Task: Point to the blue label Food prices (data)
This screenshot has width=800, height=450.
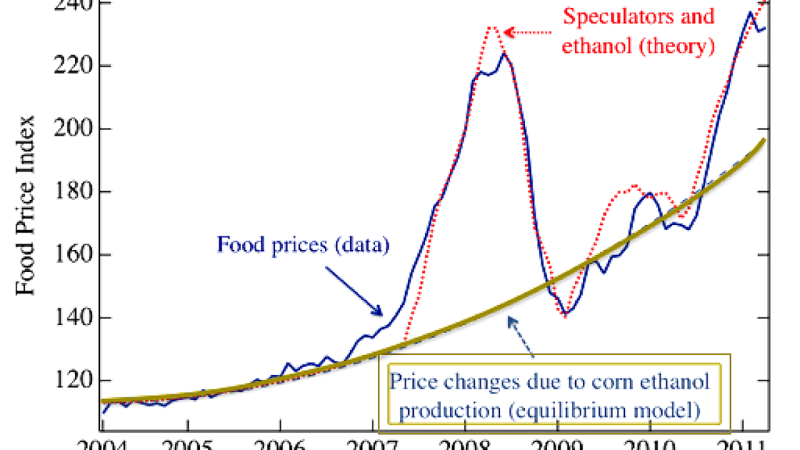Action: click(x=303, y=244)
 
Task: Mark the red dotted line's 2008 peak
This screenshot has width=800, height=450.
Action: click(x=492, y=27)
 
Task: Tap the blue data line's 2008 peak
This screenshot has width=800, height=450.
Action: click(x=504, y=54)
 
